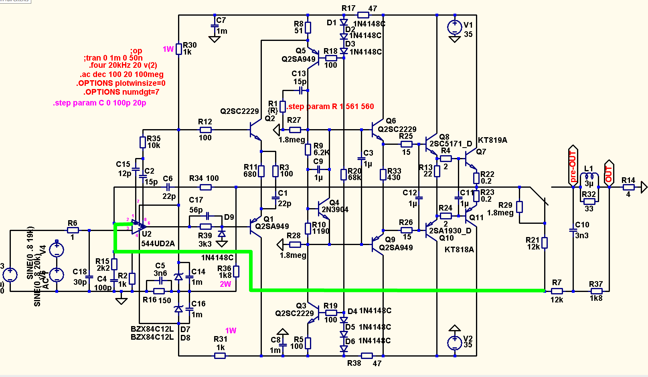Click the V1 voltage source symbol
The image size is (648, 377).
coord(454,27)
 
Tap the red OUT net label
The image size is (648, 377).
coord(609,174)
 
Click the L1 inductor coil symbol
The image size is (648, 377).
coord(589,176)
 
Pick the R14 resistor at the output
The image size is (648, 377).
coord(628,187)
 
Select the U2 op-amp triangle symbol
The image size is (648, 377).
coord(138,227)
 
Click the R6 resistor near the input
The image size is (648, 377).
coord(73,230)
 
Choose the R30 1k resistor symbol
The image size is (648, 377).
coord(179,49)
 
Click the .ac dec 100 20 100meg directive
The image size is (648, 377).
coord(121,75)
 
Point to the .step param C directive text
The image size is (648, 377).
coord(99,103)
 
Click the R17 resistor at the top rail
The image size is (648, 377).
coord(363,15)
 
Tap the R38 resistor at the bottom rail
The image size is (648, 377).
coord(367,356)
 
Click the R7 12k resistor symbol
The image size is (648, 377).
coord(557,291)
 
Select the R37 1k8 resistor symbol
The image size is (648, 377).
coord(596,291)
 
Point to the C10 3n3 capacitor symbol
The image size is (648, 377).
coord(573,230)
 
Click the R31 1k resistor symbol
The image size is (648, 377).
coord(220,356)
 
